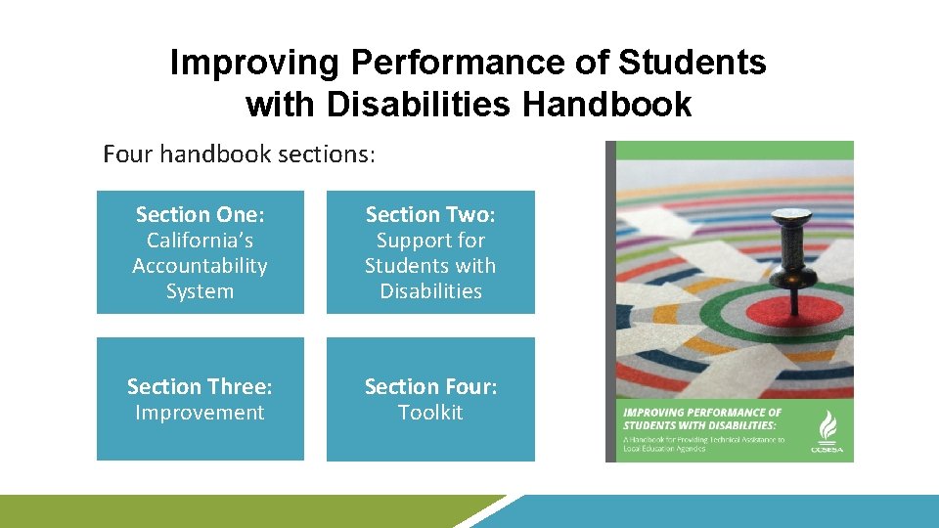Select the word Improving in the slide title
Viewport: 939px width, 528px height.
click(255, 63)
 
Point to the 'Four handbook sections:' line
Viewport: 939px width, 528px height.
click(240, 154)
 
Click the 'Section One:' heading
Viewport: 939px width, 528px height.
click(200, 214)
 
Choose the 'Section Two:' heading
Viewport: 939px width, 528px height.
click(430, 214)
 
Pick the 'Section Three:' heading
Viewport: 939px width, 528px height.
click(200, 386)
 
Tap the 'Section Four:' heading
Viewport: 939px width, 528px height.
click(430, 386)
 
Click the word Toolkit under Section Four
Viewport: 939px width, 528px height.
click(430, 413)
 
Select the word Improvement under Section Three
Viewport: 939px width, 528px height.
click(200, 413)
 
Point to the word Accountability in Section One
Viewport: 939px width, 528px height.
click(200, 266)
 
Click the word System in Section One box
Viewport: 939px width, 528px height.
click(200, 291)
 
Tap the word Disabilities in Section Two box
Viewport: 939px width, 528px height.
click(430, 291)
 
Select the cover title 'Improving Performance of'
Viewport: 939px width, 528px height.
click(702, 413)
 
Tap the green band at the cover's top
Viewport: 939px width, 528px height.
click(734, 151)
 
